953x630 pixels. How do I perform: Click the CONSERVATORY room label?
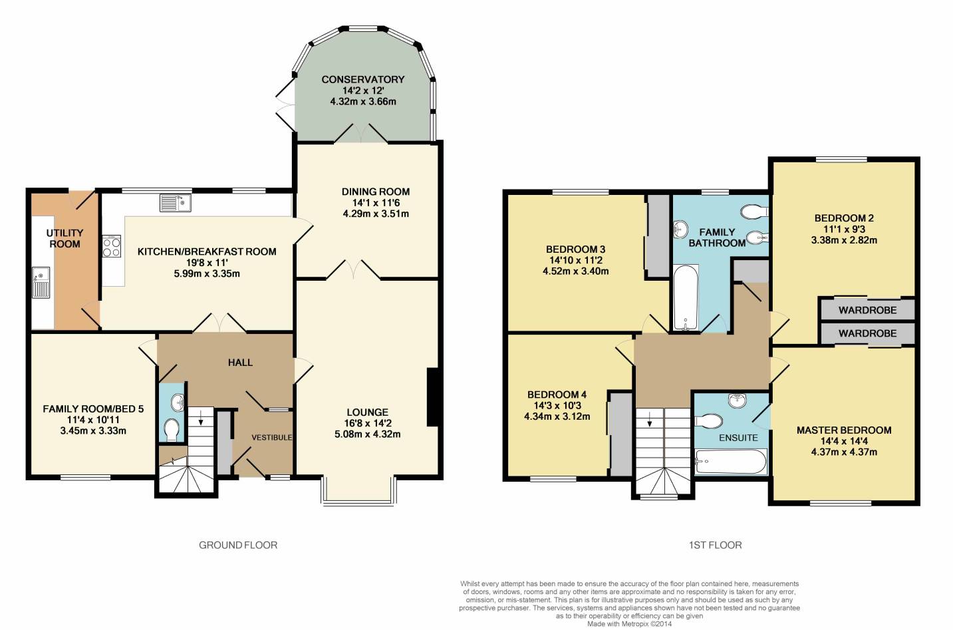363,80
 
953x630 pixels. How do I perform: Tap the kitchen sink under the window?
176,203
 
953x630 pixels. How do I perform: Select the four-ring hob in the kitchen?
112,246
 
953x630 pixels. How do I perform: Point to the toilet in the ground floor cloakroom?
172,430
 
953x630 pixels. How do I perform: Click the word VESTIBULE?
271,438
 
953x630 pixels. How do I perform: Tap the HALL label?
240,363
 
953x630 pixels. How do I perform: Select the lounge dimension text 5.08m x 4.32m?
368,434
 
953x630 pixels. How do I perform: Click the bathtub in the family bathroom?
686,297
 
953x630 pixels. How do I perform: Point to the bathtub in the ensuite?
730,462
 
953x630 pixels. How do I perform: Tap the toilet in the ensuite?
708,421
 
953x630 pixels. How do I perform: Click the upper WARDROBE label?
867,310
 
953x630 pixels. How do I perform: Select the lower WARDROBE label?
867,333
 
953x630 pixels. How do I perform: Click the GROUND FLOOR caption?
238,545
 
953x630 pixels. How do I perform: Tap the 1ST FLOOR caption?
715,545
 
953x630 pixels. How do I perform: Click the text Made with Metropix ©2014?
630,624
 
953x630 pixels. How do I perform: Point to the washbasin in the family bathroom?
681,230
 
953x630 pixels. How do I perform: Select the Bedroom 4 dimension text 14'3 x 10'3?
557,406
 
